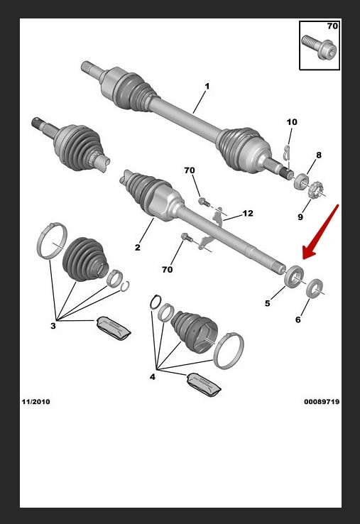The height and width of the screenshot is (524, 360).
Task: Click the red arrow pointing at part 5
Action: [320, 232]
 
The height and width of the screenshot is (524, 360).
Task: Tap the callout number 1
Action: [207, 86]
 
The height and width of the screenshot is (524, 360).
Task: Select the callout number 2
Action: [137, 248]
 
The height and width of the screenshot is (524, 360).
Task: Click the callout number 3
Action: [53, 325]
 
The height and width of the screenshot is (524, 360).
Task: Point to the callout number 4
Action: [153, 377]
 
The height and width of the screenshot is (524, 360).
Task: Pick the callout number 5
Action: [267, 303]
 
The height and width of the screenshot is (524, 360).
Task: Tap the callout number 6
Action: [298, 320]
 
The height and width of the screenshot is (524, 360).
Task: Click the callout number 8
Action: [319, 155]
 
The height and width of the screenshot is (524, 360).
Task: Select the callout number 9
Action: [300, 217]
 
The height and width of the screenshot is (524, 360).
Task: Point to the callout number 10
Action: [291, 122]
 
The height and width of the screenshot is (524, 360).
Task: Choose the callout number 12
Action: [248, 213]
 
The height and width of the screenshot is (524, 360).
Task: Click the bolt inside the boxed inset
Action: [320, 48]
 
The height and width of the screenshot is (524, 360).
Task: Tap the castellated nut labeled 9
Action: [314, 190]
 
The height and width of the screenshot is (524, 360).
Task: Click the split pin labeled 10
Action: [286, 154]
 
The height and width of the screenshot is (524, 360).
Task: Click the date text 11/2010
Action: [36, 402]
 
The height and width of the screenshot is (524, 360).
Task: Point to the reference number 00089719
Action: [322, 402]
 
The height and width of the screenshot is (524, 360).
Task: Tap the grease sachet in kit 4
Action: [204, 385]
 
